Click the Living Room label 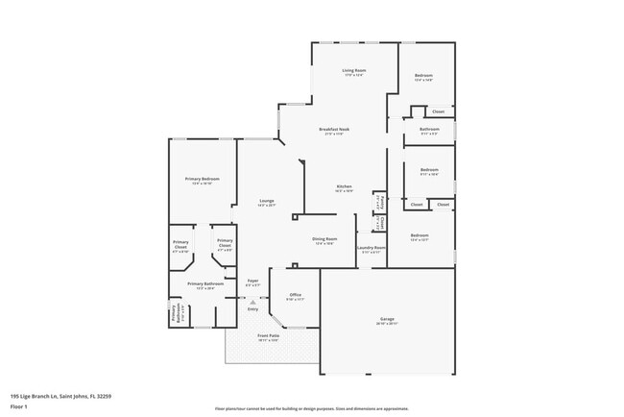tap(355, 71)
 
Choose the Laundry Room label tap(371, 248)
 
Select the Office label tap(295, 295)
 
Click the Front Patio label tap(268, 336)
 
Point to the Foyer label tap(252, 281)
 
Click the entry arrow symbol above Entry tap(252, 302)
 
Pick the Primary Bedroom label tap(203, 180)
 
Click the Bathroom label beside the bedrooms tap(429, 130)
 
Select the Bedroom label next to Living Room tap(423, 76)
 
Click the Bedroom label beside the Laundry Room tap(420, 235)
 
